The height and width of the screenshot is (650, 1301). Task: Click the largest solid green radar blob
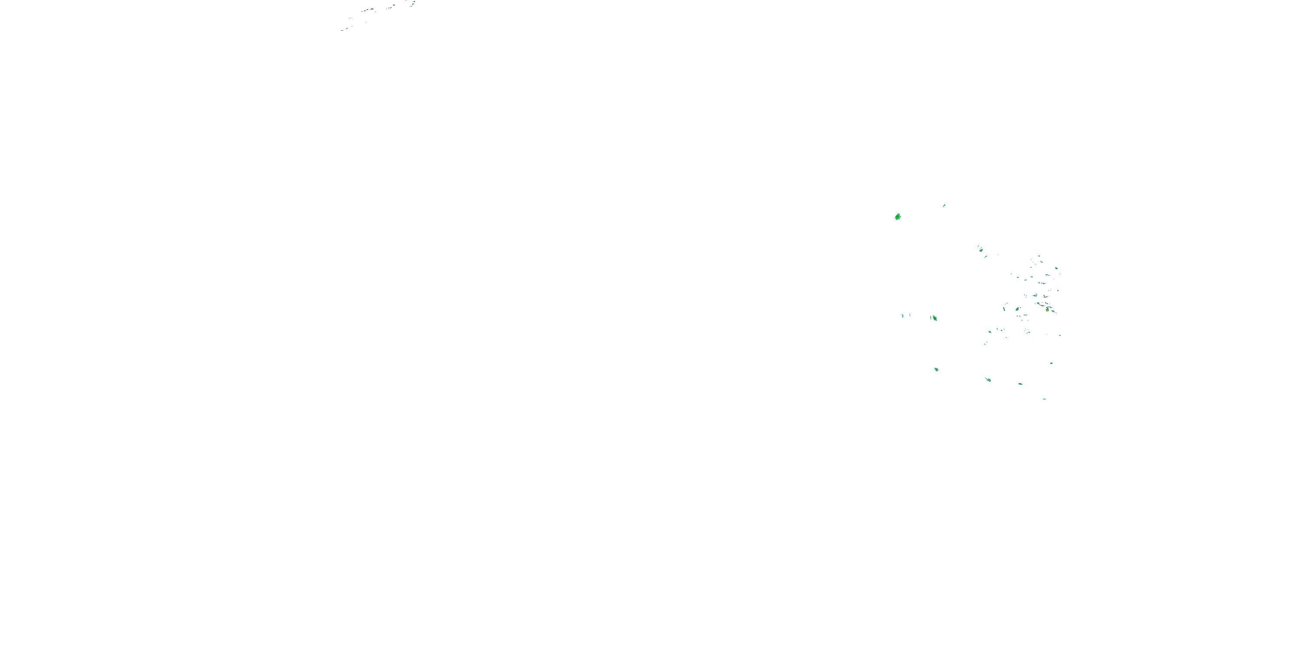[x=897, y=217]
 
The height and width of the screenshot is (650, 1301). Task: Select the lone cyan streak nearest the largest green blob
[x=944, y=205]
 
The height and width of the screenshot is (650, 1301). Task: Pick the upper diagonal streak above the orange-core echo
[x=978, y=246]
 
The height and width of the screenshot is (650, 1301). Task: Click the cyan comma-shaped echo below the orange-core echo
[x=985, y=257]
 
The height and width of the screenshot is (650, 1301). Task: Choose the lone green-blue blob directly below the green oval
[x=936, y=369]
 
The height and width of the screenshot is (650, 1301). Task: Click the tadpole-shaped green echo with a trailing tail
[x=988, y=380]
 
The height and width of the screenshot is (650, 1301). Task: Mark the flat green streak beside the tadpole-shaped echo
[x=1020, y=384]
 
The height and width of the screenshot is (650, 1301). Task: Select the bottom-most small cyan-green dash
[x=1044, y=399]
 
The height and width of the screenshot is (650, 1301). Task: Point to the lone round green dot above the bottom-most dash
[x=1052, y=363]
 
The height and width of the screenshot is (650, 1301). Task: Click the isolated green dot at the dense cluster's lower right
[x=1059, y=335]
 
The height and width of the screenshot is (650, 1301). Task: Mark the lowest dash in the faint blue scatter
[x=343, y=30]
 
